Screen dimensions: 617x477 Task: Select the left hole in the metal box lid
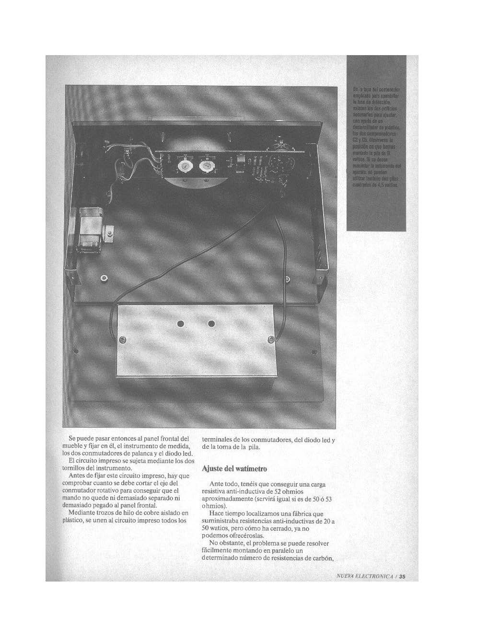coord(181,324)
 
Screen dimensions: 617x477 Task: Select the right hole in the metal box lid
coord(211,324)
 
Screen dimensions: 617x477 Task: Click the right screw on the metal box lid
coord(270,339)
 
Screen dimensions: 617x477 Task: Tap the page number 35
coord(402,577)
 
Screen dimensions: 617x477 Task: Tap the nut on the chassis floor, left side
coord(104,278)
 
